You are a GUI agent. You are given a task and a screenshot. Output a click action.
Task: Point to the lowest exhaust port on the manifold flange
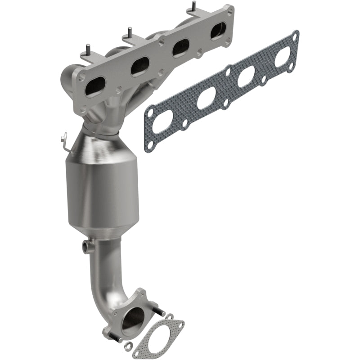[x=95, y=86]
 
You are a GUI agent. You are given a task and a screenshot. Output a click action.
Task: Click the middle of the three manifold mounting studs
[x=128, y=32]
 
